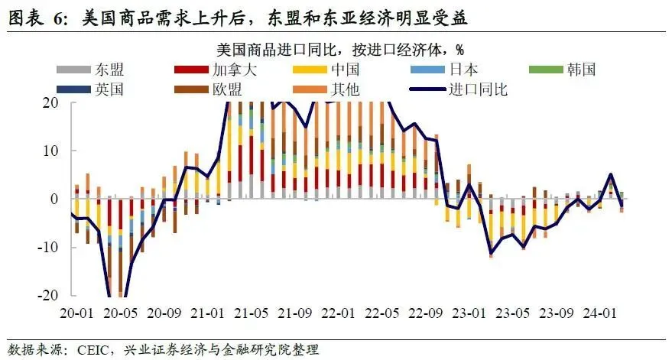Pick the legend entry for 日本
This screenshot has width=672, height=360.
pos(466,70)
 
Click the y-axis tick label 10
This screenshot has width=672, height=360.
pos(54,151)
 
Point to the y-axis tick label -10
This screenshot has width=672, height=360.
pos(50,248)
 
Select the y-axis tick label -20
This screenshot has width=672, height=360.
pos(50,296)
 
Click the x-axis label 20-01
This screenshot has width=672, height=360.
pos(76,313)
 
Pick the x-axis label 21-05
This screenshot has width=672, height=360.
pos(250,313)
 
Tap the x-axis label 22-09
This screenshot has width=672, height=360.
pos(425,313)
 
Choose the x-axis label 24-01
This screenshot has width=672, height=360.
pos(599,313)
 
